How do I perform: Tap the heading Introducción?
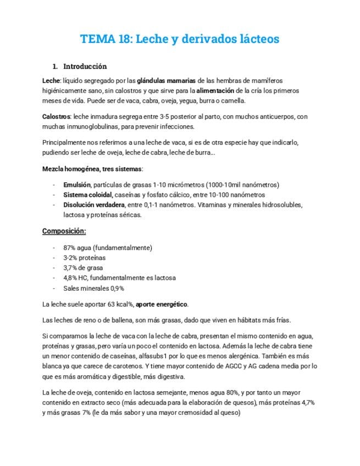coord(85,66)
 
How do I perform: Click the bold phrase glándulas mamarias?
coord(167,80)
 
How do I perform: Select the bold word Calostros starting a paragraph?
coord(56,116)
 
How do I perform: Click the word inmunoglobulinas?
coord(91,126)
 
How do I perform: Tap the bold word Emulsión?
coord(77,185)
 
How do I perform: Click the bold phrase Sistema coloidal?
coord(88,195)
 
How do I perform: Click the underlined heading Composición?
coord(64,231)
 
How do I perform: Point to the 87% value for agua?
coord(70,248)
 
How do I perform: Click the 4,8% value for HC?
coord(71,278)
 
